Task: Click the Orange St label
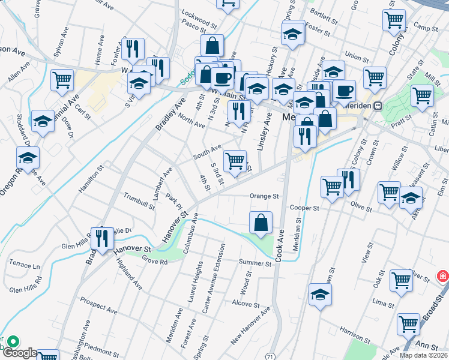pyautogui.click(x=265, y=196)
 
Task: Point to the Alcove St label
pyautogui.click(x=246, y=304)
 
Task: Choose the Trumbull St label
pyautogui.click(x=139, y=200)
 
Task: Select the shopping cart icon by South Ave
pyautogui.click(x=235, y=160)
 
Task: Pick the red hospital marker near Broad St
pyautogui.click(x=442, y=275)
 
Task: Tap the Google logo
pyautogui.click(x=19, y=353)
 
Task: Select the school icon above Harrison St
pyautogui.click(x=321, y=295)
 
